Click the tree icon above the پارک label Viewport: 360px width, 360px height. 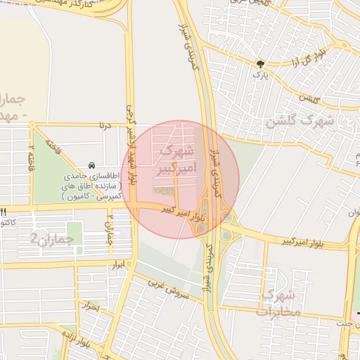(261, 63)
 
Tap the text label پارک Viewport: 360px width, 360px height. (261, 73)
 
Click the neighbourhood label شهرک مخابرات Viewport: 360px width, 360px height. (280, 300)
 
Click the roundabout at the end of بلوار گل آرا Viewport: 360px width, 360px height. (345, 46)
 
